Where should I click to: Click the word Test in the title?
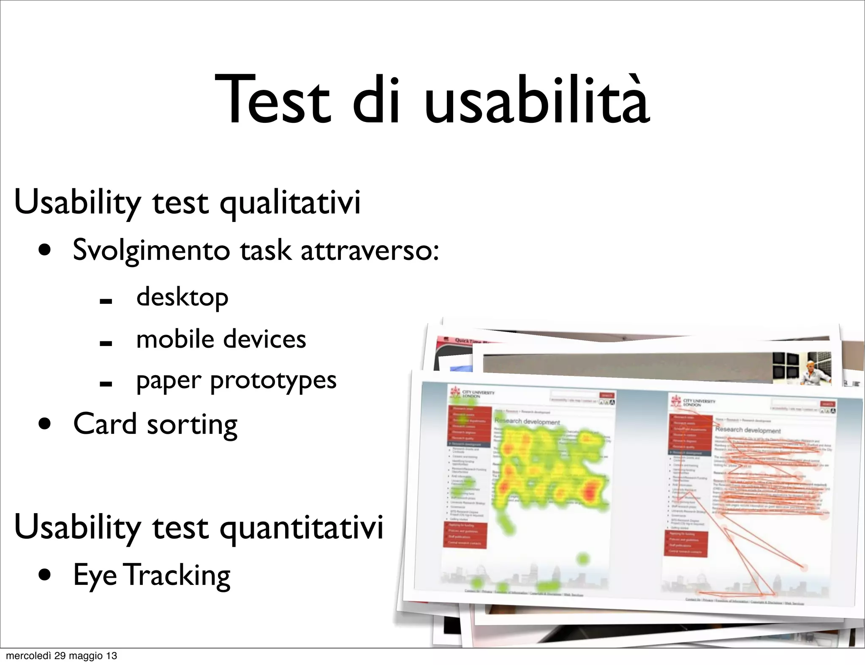tap(272, 100)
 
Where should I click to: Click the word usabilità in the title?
tap(536, 100)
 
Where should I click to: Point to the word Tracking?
tap(178, 576)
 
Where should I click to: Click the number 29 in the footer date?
tap(60, 656)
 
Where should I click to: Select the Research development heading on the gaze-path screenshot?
tap(748, 430)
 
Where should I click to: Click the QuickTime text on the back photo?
tap(469, 341)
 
